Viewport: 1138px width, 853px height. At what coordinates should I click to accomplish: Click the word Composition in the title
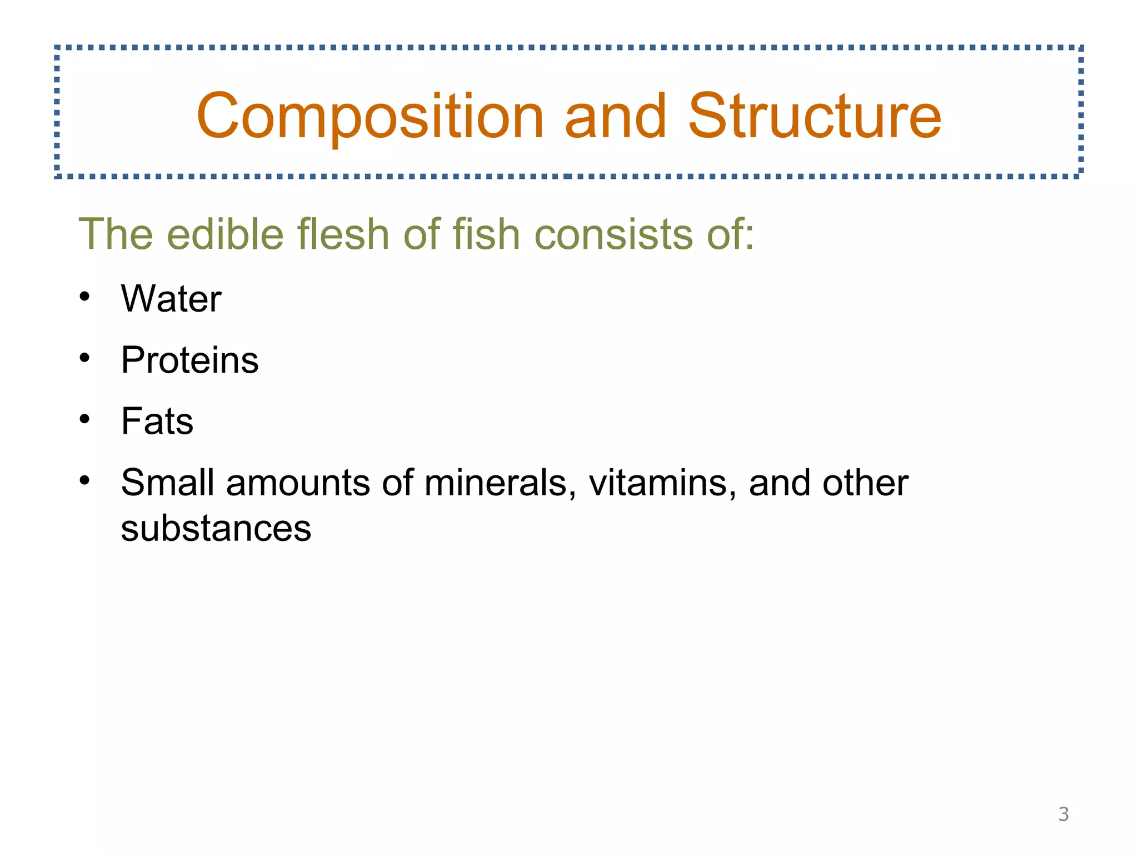pyautogui.click(x=370, y=117)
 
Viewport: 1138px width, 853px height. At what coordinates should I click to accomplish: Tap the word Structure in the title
pyautogui.click(x=815, y=117)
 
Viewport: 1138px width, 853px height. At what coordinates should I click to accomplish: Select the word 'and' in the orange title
pyautogui.click(x=615, y=117)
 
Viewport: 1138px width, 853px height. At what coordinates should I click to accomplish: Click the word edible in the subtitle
pyautogui.click(x=225, y=234)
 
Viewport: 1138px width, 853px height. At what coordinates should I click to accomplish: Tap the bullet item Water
pyautogui.click(x=171, y=299)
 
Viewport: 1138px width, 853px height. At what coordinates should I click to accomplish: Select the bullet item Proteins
pyautogui.click(x=189, y=360)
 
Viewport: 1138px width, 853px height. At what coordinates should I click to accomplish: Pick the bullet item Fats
pyautogui.click(x=157, y=422)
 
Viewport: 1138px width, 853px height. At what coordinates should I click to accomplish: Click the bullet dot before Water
pyautogui.click(x=84, y=297)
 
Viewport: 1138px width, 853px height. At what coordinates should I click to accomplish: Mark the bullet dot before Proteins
pyautogui.click(x=84, y=358)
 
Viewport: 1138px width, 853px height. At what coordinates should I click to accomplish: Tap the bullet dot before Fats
pyautogui.click(x=84, y=419)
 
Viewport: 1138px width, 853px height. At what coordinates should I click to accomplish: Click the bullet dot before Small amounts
pyautogui.click(x=84, y=480)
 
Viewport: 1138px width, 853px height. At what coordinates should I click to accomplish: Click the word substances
pyautogui.click(x=216, y=528)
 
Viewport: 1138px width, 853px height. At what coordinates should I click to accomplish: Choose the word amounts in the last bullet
pyautogui.click(x=298, y=483)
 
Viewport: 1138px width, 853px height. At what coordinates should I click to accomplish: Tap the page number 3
pyautogui.click(x=1063, y=814)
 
